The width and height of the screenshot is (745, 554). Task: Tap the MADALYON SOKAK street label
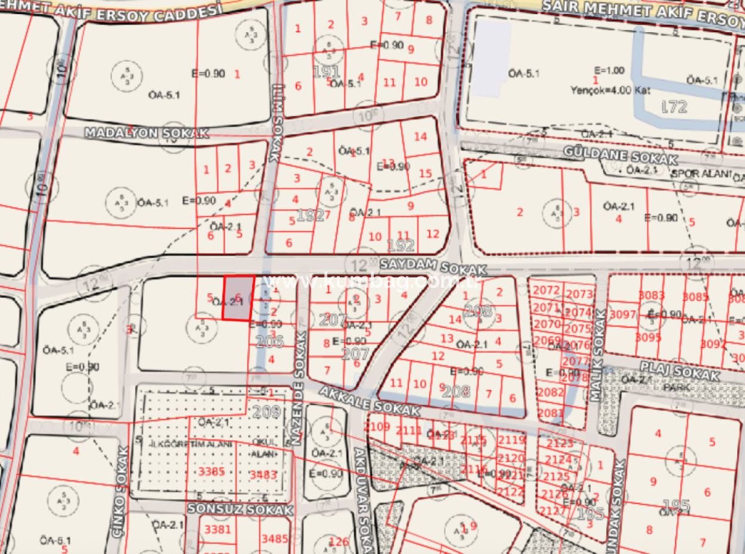[146, 133]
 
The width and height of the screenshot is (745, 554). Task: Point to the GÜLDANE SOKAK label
[620, 157]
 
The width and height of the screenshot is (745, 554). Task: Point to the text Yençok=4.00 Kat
[610, 91]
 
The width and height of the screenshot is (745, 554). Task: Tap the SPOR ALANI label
[701, 175]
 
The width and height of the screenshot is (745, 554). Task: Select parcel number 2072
[548, 291]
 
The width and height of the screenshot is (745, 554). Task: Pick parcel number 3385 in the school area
[212, 471]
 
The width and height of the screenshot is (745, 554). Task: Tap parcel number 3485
[274, 539]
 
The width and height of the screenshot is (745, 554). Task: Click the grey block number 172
[674, 107]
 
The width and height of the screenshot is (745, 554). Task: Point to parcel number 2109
[376, 427]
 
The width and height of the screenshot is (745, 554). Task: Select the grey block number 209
[265, 411]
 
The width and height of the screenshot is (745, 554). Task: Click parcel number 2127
[552, 511]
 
